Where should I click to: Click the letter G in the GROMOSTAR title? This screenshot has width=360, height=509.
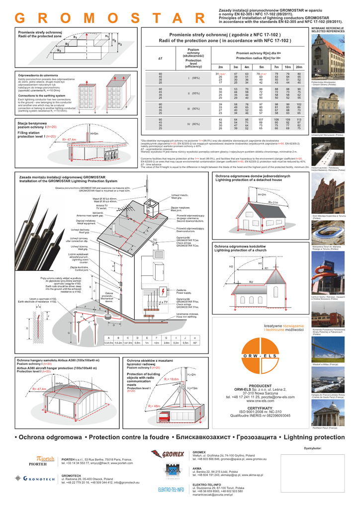pos(22,18)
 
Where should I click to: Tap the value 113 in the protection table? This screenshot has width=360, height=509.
pos(299,119)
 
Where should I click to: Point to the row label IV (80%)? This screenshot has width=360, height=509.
pos(193,124)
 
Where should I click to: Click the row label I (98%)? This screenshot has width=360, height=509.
pos(193,78)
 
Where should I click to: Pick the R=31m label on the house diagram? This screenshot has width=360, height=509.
pos(273,203)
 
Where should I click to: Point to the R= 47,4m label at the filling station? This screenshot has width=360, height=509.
pos(70,140)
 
